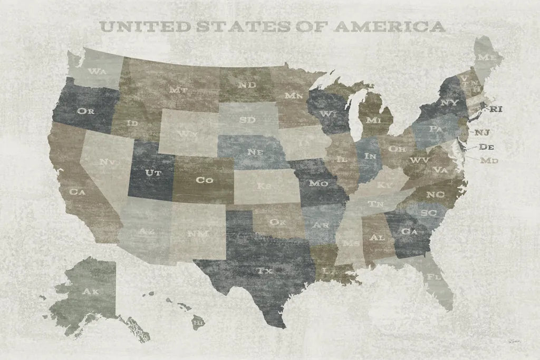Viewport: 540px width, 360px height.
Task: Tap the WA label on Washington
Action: [97, 71]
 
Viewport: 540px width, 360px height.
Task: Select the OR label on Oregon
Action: [85, 111]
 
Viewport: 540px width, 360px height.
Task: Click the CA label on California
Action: [78, 192]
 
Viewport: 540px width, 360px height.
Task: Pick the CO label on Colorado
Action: [204, 180]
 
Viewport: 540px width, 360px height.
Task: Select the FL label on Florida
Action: [434, 276]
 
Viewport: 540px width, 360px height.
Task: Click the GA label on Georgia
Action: [407, 231]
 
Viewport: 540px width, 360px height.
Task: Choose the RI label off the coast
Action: [496, 110]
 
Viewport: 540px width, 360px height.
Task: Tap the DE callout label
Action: [487, 147]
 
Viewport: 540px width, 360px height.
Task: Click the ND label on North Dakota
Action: [247, 84]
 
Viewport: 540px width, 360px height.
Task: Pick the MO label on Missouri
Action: [319, 183]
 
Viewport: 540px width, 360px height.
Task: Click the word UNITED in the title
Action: [138, 26]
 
